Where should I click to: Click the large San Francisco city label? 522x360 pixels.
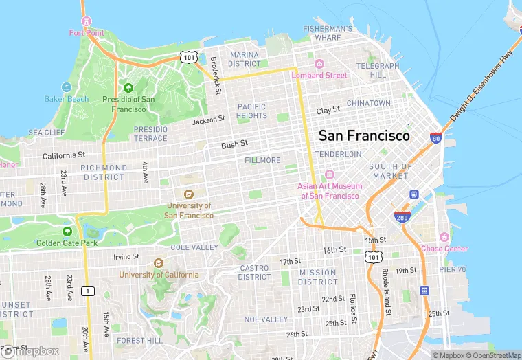click(x=364, y=136)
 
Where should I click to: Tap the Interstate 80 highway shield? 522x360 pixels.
click(x=435, y=138)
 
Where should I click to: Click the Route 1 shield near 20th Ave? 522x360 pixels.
click(x=87, y=291)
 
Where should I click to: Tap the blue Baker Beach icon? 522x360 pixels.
click(x=67, y=87)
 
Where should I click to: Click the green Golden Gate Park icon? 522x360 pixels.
click(x=67, y=232)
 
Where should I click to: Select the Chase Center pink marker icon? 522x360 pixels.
click(x=444, y=237)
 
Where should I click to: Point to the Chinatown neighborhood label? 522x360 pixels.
click(x=368, y=103)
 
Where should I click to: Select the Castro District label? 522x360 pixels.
click(x=255, y=272)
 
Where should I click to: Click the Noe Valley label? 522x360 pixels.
click(x=266, y=319)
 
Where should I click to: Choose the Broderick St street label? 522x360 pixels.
click(x=216, y=75)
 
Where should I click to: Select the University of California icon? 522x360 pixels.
click(x=159, y=262)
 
